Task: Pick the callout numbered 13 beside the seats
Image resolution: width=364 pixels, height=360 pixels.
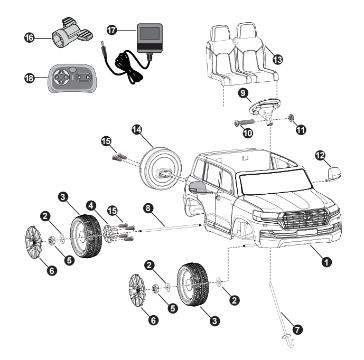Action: [276, 59]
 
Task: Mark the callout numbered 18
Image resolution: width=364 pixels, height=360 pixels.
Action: [31, 78]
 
